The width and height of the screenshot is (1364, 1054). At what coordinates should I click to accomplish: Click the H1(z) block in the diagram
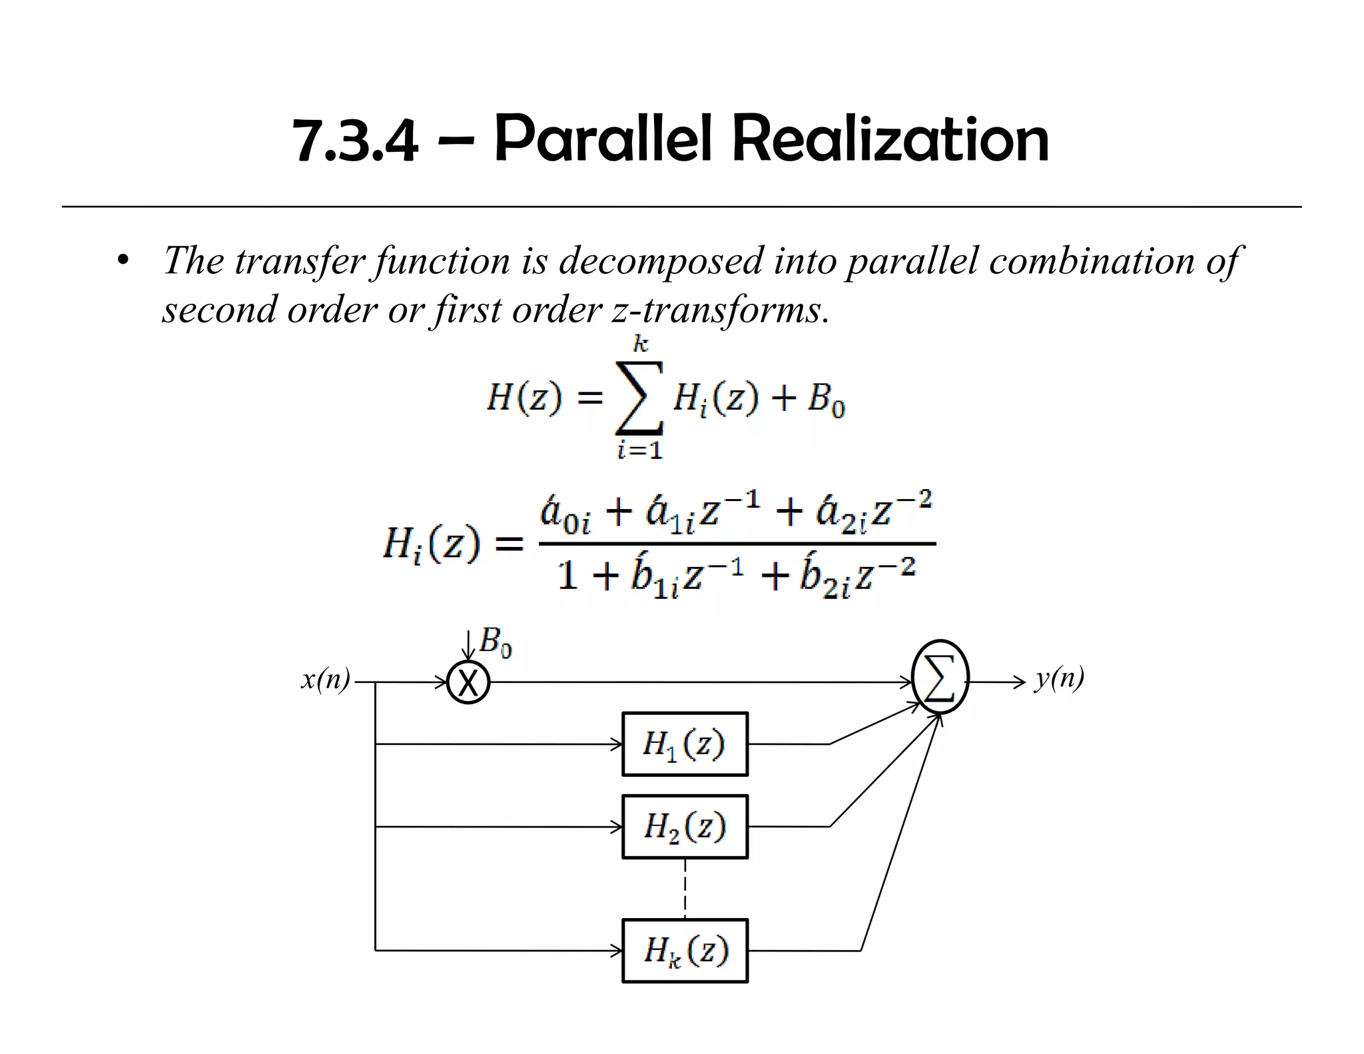pos(685,744)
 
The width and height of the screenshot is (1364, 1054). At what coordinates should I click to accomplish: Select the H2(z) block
pos(685,826)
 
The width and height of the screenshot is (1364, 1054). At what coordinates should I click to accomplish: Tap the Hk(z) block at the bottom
pos(685,950)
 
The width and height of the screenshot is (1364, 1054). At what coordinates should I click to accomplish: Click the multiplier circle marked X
pos(468,683)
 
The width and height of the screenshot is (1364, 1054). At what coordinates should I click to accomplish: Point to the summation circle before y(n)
pos(940,677)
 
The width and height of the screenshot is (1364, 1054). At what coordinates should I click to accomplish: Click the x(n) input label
pos(326,680)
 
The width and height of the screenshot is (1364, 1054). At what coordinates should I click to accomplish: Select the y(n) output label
pos(1059,678)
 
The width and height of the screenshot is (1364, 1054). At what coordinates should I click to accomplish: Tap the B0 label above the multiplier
pos(496,642)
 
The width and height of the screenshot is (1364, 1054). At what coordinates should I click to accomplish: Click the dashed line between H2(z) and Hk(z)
pos(685,888)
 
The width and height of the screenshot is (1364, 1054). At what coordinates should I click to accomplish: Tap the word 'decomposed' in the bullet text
pos(660,260)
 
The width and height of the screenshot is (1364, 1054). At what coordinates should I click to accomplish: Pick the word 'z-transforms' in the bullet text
pos(719,310)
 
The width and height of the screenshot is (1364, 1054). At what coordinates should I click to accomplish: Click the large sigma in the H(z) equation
pos(639,398)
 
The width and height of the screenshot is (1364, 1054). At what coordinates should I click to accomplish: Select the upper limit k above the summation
pos(640,344)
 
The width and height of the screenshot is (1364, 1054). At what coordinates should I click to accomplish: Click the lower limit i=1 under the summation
pos(639,450)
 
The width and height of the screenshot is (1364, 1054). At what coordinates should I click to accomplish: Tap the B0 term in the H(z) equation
pos(827,399)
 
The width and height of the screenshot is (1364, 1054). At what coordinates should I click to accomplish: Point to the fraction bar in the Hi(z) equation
pos(737,544)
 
